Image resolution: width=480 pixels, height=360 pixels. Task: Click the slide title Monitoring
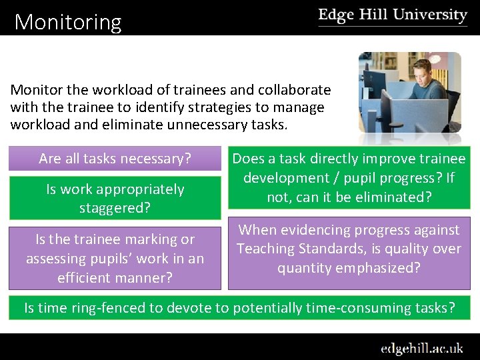68,23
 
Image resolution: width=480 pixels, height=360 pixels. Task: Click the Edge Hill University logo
392,16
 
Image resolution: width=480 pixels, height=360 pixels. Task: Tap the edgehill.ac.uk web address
422,348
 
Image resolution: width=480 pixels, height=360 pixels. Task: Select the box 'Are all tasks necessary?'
115,159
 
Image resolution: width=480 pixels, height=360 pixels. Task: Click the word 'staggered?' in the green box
115,207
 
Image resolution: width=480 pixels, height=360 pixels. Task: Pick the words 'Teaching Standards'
296,249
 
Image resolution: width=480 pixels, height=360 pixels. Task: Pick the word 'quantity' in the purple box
303,268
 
